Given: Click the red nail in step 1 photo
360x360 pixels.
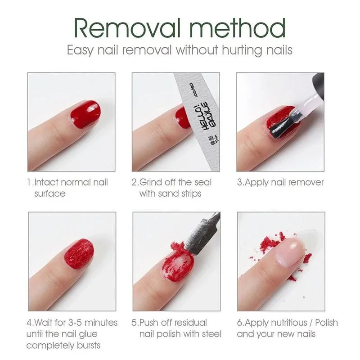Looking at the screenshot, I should point(85,113).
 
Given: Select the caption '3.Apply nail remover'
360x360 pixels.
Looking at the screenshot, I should point(280,182).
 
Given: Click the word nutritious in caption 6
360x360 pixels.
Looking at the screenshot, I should point(288,323).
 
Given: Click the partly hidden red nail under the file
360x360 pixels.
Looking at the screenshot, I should point(182,117).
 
